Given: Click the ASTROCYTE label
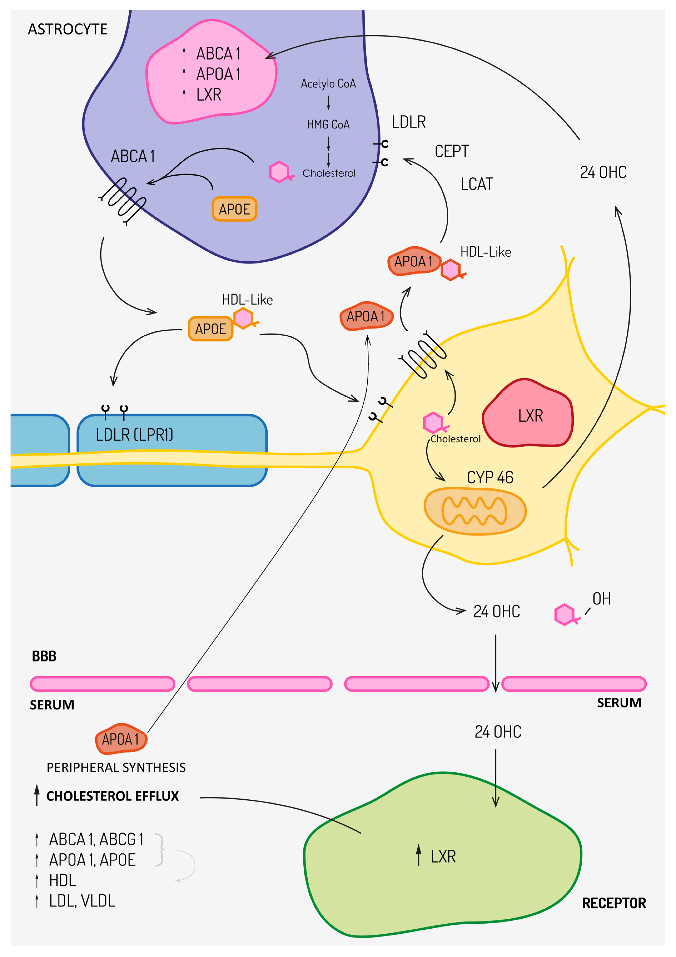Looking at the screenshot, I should [68, 29].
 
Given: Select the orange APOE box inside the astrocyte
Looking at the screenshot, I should [234, 209].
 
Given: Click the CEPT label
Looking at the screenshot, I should [451, 151].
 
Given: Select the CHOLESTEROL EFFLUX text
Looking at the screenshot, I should [113, 796].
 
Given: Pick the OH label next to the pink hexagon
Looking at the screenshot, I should [601, 599].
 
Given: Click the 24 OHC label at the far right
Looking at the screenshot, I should [603, 172].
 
